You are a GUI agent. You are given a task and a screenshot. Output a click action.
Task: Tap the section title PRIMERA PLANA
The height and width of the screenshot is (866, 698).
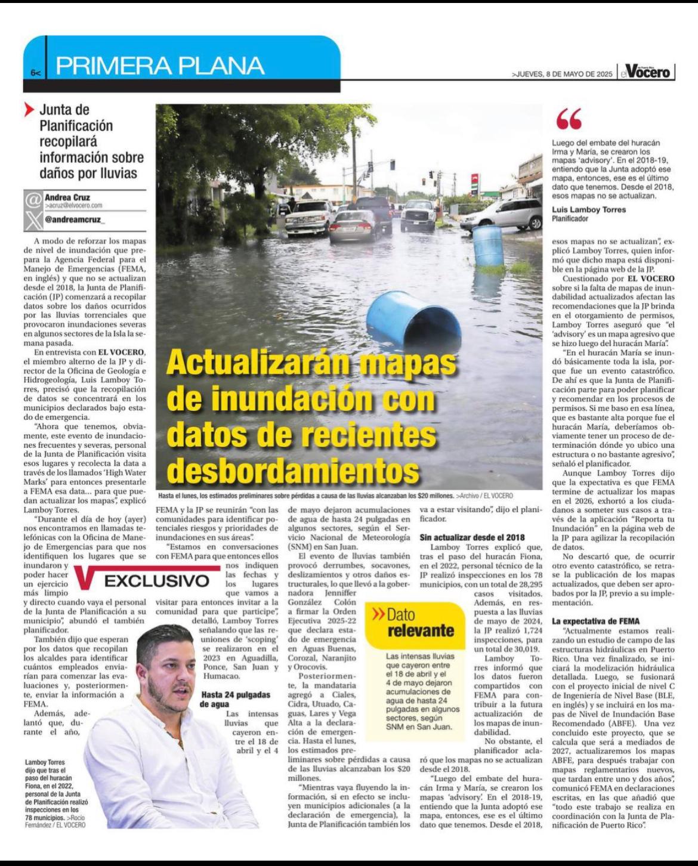tap(160, 66)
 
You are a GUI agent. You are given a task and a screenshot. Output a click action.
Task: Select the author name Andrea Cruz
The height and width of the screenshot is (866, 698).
tap(67, 197)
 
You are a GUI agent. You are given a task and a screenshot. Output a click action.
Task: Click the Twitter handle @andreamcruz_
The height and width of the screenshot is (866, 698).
tap(75, 219)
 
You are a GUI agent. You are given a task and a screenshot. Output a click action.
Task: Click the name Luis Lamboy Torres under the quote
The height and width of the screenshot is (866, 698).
tap(589, 209)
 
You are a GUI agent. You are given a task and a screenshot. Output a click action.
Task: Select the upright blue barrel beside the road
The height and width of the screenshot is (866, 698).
tap(487, 245)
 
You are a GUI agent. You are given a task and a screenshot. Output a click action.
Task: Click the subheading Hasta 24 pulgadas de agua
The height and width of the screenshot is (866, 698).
tap(235, 699)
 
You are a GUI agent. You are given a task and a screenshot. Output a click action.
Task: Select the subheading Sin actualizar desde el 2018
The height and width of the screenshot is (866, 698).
tap(472, 537)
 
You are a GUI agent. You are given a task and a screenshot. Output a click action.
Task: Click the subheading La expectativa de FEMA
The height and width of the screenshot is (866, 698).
tap(595, 621)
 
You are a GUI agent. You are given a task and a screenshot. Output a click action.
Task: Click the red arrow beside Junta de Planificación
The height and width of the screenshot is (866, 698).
tap(29, 110)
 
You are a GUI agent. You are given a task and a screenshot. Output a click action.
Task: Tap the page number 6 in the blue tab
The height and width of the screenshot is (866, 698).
tap(33, 73)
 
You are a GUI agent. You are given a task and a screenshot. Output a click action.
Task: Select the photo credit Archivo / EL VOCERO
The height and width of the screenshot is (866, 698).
tap(484, 496)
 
